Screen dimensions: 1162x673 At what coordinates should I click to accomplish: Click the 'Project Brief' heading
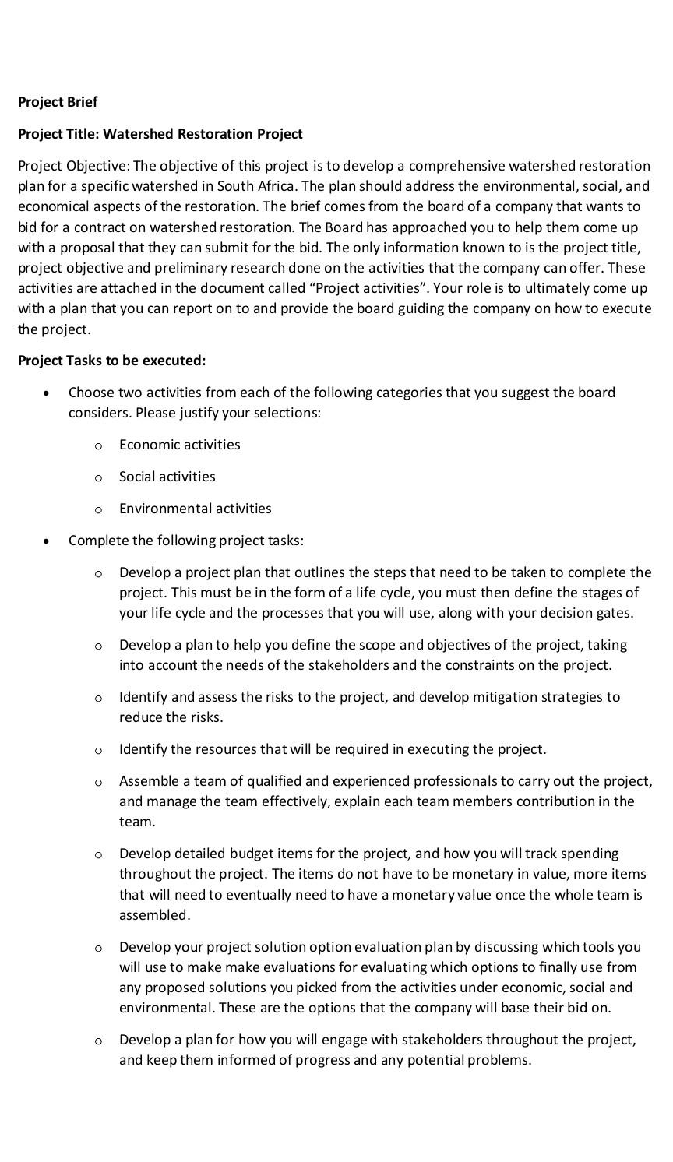[58, 102]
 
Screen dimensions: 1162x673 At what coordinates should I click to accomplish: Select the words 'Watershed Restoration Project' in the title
[203, 134]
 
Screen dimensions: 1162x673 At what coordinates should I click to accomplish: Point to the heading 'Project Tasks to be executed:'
[111, 361]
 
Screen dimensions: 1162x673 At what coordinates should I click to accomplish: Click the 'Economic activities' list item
[179, 445]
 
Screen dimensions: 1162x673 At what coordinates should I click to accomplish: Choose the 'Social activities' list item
[167, 477]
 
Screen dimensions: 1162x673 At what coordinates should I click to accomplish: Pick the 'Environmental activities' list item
[195, 509]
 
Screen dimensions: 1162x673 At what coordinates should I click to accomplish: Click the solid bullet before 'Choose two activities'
[48, 393]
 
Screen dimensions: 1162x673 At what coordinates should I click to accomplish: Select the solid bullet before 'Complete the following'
[48, 541]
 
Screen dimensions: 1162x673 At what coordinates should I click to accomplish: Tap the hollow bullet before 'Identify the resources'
[97, 750]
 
